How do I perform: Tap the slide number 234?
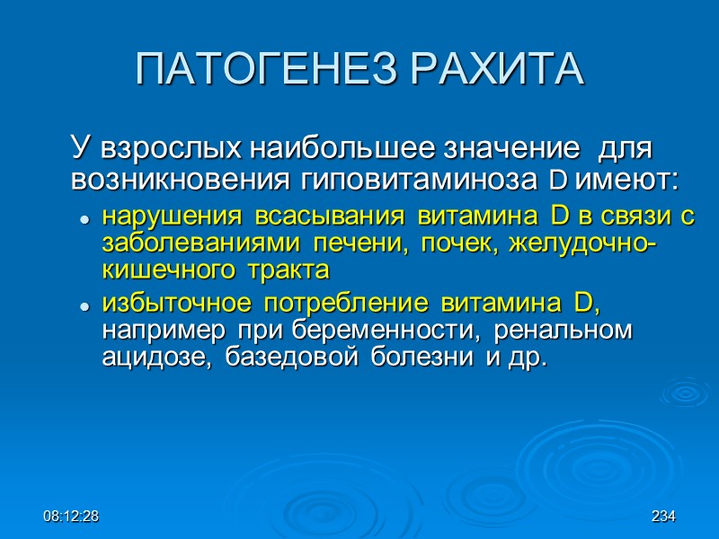pyautogui.click(x=663, y=517)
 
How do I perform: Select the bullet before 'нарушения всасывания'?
pyautogui.click(x=84, y=219)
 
